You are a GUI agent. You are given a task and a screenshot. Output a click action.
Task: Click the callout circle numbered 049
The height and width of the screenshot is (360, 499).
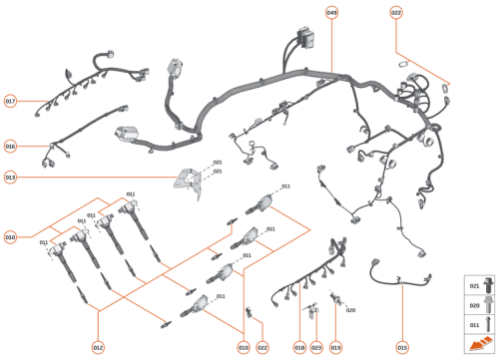(331, 13)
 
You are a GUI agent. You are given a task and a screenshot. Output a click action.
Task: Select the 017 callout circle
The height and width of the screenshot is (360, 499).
(11, 102)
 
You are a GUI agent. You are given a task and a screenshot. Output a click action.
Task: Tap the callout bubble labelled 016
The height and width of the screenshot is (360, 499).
(11, 146)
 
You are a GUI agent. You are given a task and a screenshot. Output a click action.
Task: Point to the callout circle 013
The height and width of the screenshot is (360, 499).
(11, 178)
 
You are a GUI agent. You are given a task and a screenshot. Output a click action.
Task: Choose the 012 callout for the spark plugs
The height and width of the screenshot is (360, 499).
(98, 347)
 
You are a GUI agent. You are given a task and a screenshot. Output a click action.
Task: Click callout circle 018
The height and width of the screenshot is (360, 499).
(299, 347)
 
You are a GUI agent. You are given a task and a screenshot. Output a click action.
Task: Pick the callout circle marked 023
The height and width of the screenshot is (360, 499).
(316, 347)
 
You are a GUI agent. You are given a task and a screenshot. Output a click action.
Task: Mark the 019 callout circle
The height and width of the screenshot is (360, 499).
(335, 347)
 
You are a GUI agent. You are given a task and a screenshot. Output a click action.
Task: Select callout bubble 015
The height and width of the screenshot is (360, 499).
(402, 347)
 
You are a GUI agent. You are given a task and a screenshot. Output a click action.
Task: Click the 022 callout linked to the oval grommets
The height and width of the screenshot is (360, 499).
(396, 13)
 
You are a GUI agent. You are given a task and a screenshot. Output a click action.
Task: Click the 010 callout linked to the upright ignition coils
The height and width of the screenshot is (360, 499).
(11, 237)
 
